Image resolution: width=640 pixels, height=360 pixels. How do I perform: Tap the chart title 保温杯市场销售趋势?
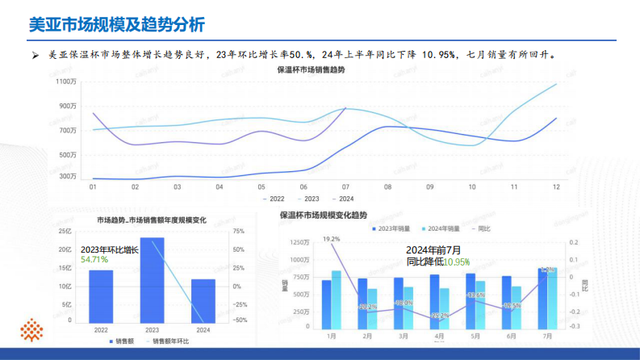coord(311,70)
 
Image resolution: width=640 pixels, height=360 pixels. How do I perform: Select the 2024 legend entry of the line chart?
coord(345,198)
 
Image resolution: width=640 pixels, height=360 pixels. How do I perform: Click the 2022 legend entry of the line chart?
coord(275,198)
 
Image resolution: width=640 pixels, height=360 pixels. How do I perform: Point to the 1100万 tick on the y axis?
coord(65,82)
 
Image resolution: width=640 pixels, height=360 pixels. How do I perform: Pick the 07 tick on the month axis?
coord(345,186)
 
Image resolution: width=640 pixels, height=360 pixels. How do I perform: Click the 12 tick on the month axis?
coord(556,186)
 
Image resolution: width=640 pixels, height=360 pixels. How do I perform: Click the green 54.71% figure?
coord(94,259)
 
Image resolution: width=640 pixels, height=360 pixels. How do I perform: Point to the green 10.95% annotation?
coord(456,262)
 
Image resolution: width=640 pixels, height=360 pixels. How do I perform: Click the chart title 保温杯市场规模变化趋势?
coord(323,216)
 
